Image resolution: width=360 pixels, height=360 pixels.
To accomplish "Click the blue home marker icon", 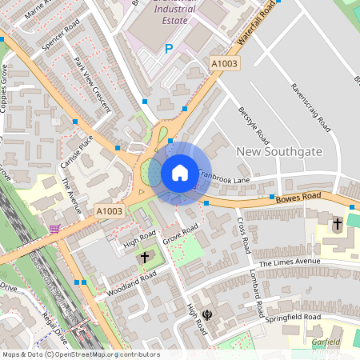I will [180, 173].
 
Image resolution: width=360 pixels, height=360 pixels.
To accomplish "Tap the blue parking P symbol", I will [168, 49].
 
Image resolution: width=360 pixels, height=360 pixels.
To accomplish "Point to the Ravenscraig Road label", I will [311, 107].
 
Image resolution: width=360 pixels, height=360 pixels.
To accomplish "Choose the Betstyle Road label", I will [251, 125].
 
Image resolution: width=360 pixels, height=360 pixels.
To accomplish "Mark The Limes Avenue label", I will [289, 262].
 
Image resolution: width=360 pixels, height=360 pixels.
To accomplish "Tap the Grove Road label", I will [180, 235].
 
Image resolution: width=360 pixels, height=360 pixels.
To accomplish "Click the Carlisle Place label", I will [77, 152].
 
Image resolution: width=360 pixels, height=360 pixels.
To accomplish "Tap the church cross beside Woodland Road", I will [145, 257].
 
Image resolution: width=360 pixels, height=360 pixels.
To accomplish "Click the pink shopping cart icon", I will [54, 229].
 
